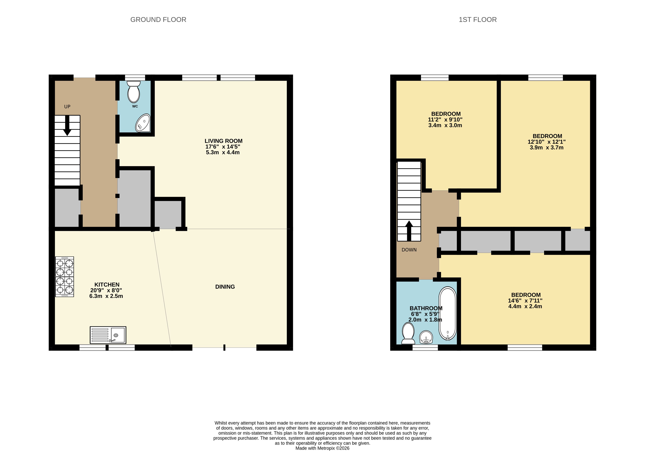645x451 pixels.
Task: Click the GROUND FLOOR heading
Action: click(158, 20)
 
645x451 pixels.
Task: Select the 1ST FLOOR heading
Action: click(478, 20)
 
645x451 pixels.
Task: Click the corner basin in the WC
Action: click(143, 123)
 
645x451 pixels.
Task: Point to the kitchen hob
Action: click(65, 277)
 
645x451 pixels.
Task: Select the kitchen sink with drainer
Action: click(108, 335)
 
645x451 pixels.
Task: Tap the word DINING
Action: click(225, 287)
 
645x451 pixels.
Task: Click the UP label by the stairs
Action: click(67, 107)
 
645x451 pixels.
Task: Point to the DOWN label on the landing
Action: click(409, 250)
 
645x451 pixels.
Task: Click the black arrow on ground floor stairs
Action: click(67, 125)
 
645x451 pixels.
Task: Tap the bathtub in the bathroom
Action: click(447, 314)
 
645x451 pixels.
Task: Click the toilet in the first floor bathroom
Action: click(408, 333)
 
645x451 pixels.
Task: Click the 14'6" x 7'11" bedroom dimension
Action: click(525, 301)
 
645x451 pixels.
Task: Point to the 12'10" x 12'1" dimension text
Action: click(546, 142)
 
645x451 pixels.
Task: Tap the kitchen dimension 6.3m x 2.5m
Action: click(106, 296)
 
